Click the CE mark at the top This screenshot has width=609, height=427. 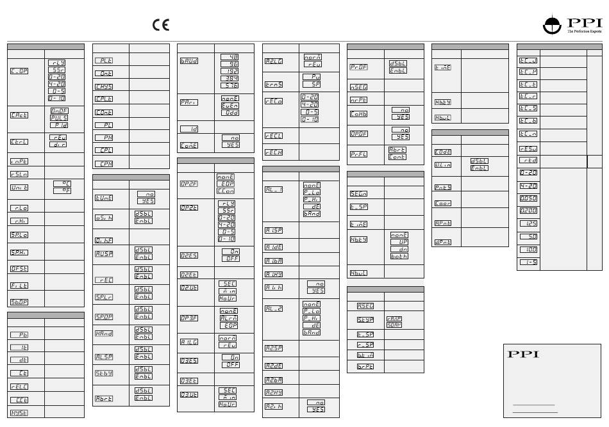160,25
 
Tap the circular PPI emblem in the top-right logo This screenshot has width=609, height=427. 552,24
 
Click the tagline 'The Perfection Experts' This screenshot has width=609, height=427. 585,31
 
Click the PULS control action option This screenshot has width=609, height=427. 58,117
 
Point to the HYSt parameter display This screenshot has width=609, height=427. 19,413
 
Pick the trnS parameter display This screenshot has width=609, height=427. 274,85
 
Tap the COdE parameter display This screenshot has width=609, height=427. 442,152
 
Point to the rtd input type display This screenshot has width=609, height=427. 528,161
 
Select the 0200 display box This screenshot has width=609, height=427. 528,210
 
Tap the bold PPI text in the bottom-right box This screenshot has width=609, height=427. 523,354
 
